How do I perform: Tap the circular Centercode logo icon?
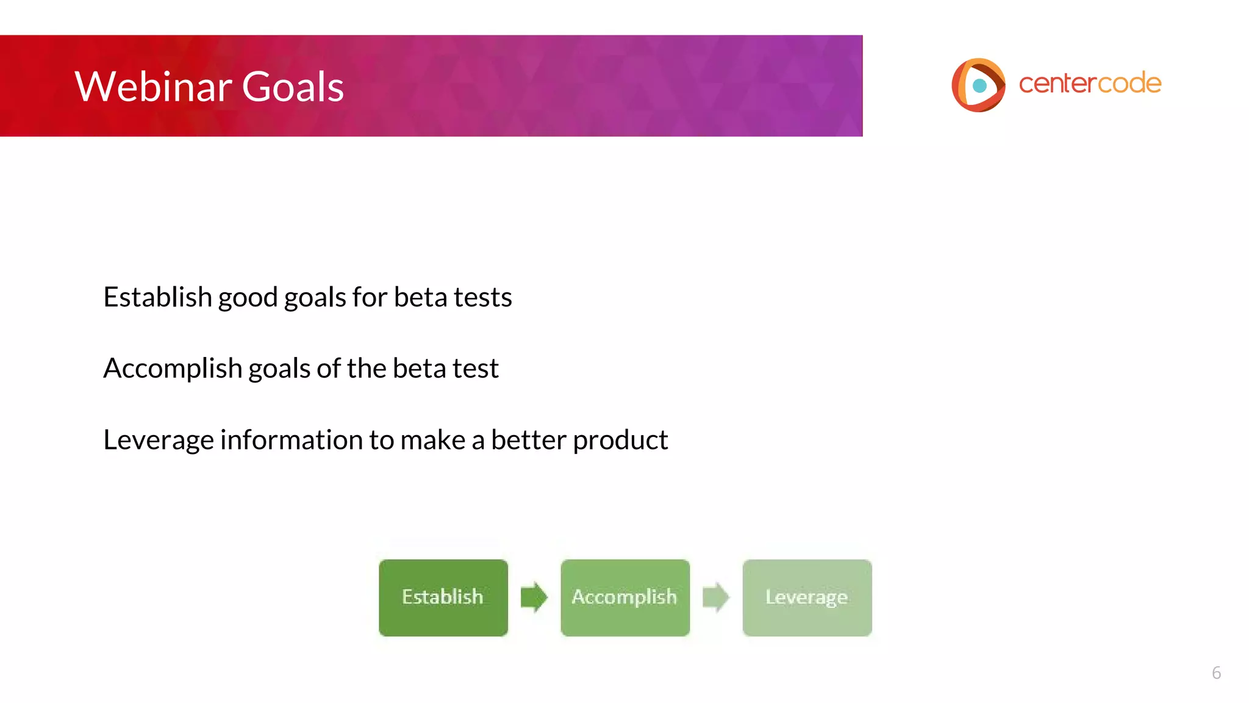click(x=978, y=85)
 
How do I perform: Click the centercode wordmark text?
click(x=1090, y=84)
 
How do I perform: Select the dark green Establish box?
click(x=443, y=597)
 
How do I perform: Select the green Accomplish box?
click(x=625, y=597)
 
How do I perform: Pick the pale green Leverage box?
click(x=807, y=597)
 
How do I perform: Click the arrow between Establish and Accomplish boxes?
click(x=534, y=597)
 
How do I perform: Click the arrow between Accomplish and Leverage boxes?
click(x=716, y=597)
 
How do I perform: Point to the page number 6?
click(x=1216, y=673)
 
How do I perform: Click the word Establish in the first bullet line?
click(x=157, y=297)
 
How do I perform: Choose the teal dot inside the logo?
click(x=979, y=85)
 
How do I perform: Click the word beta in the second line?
click(x=418, y=369)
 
